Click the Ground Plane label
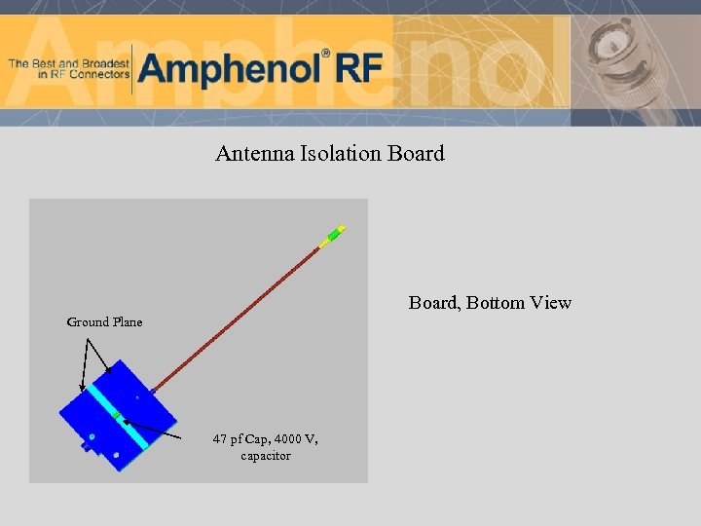104,322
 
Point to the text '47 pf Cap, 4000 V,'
265,439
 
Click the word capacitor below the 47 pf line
265,456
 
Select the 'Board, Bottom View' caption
490,303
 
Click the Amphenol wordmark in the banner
230,68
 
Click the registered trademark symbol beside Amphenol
325,54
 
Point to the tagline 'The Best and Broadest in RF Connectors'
68,68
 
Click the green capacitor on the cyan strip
116,416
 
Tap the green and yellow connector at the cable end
334,236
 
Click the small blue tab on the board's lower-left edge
85,448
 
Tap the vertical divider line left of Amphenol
131,68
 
